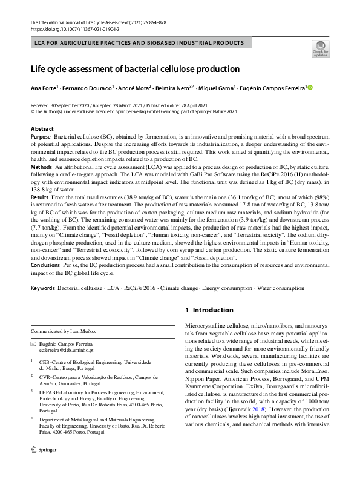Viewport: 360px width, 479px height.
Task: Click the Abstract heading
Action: click(43, 129)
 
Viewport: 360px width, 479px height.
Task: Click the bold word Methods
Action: click(41, 182)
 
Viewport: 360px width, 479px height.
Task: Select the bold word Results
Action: click(39, 214)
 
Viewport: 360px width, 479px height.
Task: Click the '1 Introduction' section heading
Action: click(208, 311)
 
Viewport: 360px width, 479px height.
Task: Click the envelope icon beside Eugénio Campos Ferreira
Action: click(33, 343)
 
